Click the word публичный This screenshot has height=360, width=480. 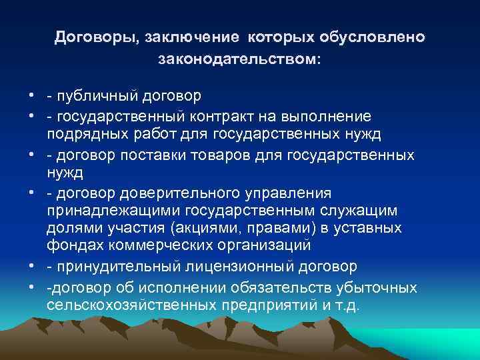(x=99, y=97)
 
